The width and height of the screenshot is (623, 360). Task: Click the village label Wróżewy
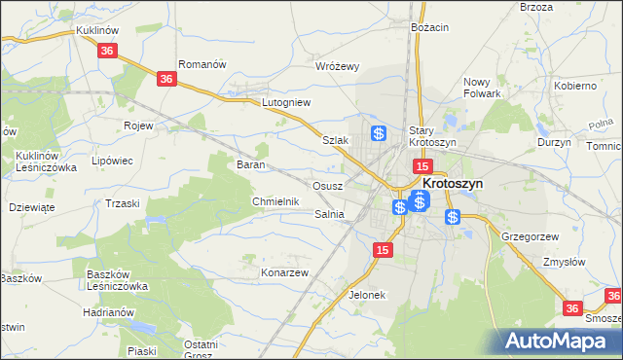pyautogui.click(x=338, y=66)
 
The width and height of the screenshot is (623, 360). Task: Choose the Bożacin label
pyautogui.click(x=429, y=27)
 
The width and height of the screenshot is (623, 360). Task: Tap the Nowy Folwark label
pyautogui.click(x=482, y=88)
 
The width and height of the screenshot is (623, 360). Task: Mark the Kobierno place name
pyautogui.click(x=574, y=86)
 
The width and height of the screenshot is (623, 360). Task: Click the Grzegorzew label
pyautogui.click(x=529, y=236)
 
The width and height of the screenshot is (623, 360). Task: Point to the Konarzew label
pyautogui.click(x=284, y=272)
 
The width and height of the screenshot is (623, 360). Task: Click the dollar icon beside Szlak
pyautogui.click(x=379, y=133)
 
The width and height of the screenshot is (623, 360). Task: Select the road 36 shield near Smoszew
pyautogui.click(x=572, y=307)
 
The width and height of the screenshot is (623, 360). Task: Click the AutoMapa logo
pyautogui.click(x=561, y=341)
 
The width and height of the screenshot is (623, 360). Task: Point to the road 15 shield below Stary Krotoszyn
pyautogui.click(x=421, y=167)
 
